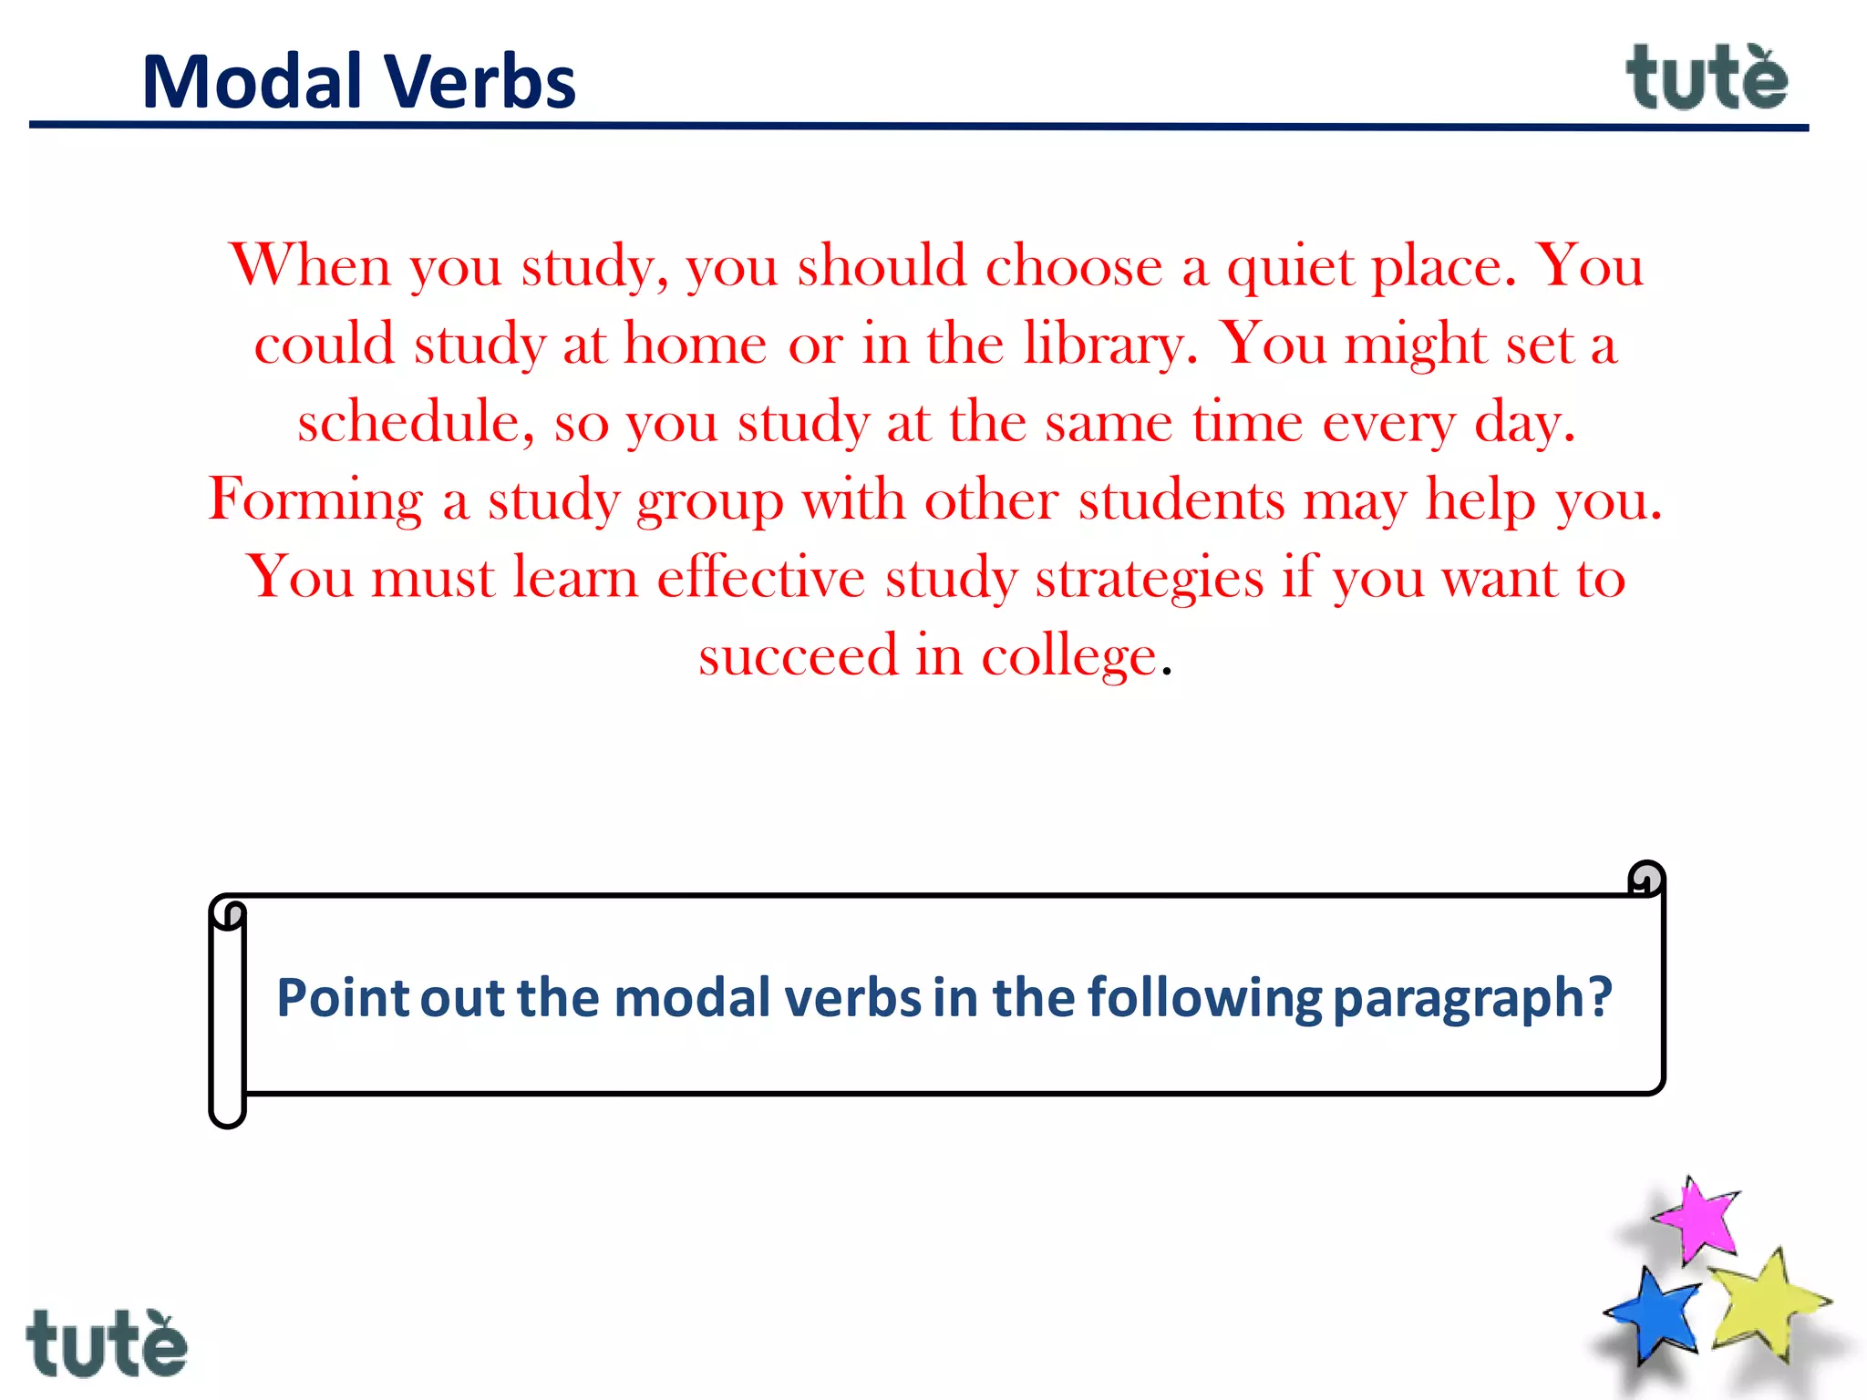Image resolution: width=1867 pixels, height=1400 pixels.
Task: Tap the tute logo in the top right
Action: [1707, 78]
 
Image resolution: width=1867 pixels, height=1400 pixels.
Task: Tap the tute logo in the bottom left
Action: [107, 1343]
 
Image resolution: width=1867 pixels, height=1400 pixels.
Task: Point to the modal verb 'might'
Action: [1415, 345]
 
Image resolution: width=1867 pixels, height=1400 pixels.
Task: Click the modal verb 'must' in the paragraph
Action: [433, 578]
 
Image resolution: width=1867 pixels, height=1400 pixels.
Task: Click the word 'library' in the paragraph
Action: [1104, 345]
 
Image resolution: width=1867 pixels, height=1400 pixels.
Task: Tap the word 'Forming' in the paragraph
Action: [315, 500]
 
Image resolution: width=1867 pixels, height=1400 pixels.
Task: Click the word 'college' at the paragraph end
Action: [1068, 656]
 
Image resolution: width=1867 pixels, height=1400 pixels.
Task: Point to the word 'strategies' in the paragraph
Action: [1149, 578]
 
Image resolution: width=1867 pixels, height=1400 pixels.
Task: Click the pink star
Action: [1697, 1220]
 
